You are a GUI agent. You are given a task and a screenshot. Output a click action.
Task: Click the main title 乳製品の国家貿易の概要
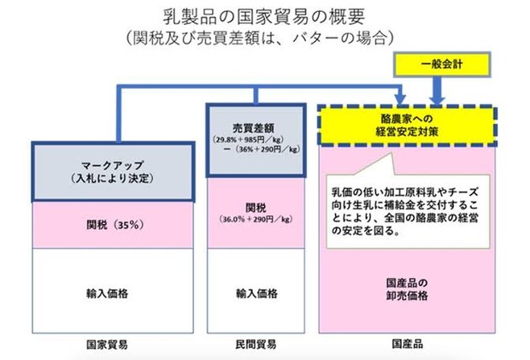[264, 17]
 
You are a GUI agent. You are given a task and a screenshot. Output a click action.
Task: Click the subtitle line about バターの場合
[260, 38]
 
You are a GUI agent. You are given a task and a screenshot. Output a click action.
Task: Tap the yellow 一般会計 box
[442, 64]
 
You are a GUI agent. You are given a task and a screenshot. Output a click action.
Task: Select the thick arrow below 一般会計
[437, 91]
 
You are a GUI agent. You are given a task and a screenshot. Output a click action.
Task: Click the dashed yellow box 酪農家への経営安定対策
[407, 125]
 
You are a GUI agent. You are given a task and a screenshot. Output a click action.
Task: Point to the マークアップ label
[113, 165]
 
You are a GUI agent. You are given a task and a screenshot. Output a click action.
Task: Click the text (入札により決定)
[113, 178]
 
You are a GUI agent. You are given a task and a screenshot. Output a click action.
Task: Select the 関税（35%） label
[115, 225]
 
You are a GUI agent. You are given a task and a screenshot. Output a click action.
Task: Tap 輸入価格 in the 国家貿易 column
[107, 293]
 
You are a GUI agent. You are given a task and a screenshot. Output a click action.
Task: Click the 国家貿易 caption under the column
[107, 345]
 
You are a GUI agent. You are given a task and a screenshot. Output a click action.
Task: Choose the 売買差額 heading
[254, 127]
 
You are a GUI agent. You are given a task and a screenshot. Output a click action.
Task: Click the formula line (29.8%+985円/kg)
[249, 139]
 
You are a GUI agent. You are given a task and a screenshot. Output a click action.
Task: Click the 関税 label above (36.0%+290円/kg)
[256, 208]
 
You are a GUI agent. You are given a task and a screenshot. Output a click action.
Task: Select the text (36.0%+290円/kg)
[256, 219]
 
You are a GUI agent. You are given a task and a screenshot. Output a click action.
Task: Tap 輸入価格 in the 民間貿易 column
[256, 293]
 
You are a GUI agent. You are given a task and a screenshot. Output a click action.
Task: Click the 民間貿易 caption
[256, 345]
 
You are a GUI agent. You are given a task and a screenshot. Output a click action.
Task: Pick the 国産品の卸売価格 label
[407, 289]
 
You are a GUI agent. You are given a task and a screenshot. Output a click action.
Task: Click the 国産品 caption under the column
[407, 344]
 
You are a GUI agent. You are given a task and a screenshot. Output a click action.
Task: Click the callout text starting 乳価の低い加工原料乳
[405, 211]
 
